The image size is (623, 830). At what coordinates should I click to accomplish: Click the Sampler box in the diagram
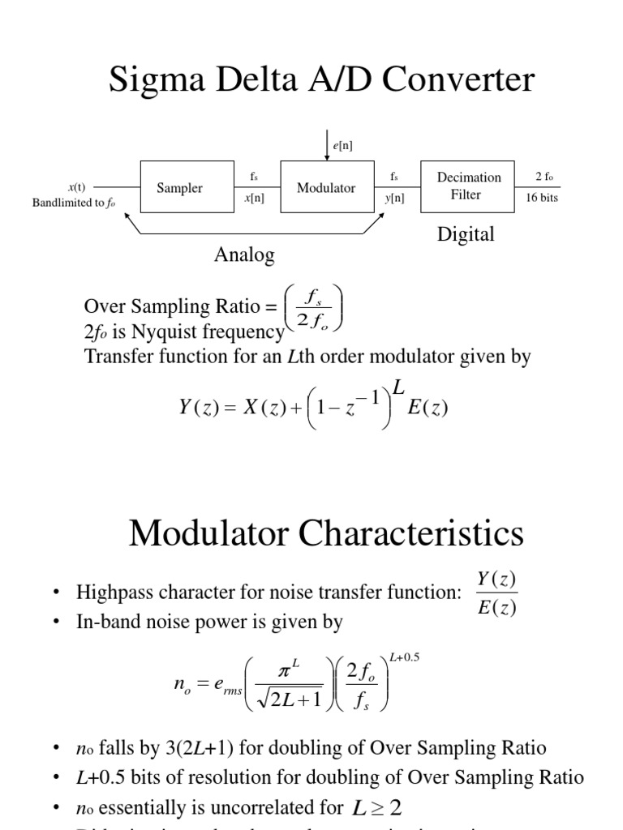pyautogui.click(x=179, y=188)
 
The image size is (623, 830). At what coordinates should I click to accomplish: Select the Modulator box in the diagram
pyautogui.click(x=326, y=188)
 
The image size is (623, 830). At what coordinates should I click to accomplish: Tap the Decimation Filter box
pyautogui.click(x=466, y=186)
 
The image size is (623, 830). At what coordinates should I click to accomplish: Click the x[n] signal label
pyautogui.click(x=254, y=198)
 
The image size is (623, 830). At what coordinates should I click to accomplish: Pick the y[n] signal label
pyautogui.click(x=395, y=198)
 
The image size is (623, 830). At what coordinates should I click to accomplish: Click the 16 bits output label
pyautogui.click(x=542, y=198)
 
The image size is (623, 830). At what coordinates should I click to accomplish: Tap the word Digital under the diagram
pyautogui.click(x=466, y=235)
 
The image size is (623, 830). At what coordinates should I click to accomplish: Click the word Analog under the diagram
pyautogui.click(x=244, y=255)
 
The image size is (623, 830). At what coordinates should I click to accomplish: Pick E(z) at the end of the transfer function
pyautogui.click(x=428, y=409)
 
